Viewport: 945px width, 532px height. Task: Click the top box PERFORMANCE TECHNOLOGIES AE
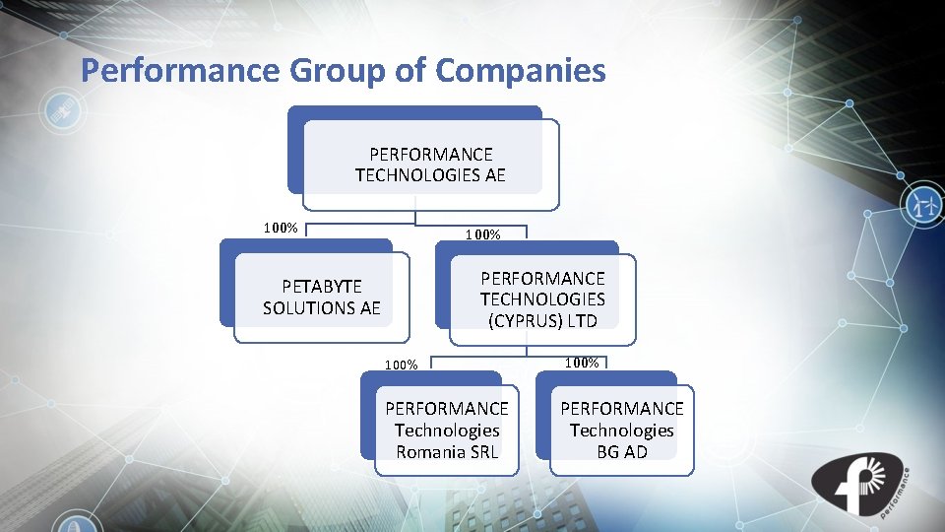click(430, 165)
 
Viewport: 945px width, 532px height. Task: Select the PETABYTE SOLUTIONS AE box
click(321, 297)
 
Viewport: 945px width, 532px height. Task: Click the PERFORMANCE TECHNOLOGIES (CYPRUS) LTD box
click(542, 299)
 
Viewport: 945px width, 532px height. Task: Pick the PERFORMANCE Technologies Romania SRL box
click(446, 430)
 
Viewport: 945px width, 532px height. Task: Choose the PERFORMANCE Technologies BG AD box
click(621, 430)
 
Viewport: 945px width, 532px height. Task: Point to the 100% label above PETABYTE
click(281, 229)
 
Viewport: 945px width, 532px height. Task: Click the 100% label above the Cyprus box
click(483, 235)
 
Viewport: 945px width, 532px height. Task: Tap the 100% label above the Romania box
click(401, 365)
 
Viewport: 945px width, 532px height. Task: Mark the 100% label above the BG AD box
click(582, 363)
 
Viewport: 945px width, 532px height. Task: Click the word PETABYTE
click(322, 286)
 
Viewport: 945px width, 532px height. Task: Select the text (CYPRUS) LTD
click(542, 320)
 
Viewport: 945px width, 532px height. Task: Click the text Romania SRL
click(446, 452)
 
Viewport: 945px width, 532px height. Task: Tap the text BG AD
click(621, 452)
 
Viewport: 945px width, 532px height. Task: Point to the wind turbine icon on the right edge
click(923, 205)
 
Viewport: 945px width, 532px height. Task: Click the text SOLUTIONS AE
click(321, 308)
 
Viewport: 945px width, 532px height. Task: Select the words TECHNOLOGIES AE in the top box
click(430, 175)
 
